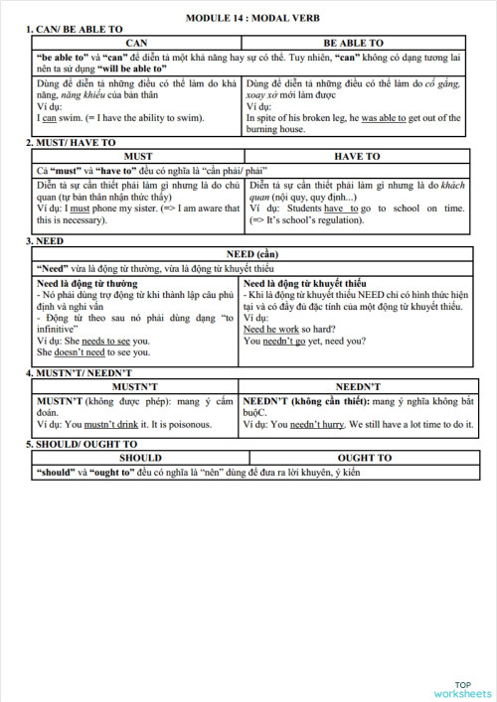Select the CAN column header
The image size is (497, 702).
(x=136, y=44)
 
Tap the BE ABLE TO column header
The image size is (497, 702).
(x=354, y=44)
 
